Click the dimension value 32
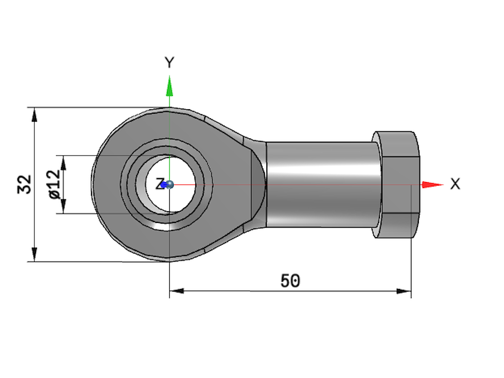click(25, 184)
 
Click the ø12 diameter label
click(55, 185)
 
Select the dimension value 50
click(290, 281)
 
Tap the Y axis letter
click(169, 63)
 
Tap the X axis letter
click(455, 184)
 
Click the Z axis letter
click(158, 185)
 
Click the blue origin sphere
click(170, 185)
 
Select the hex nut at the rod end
click(396, 185)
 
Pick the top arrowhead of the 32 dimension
click(34, 114)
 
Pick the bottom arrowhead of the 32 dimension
click(34, 254)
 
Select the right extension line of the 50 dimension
click(411, 246)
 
